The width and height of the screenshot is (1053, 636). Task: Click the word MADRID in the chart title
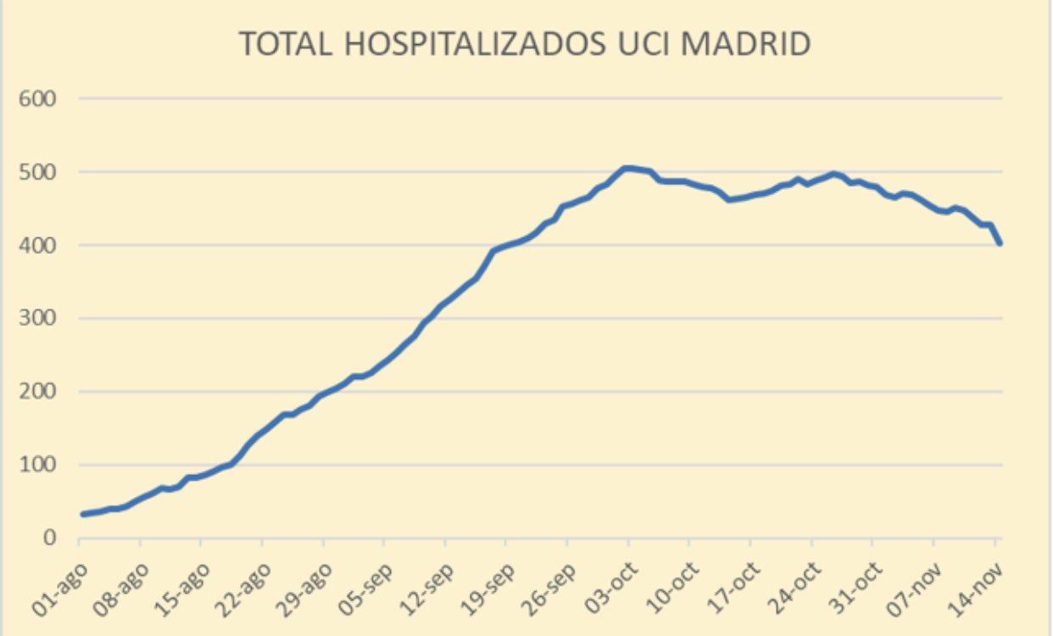tap(745, 44)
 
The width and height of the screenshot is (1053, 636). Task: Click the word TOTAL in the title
tap(286, 44)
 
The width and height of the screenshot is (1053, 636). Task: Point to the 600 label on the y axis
tap(37, 99)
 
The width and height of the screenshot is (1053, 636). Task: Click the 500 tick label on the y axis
tap(37, 172)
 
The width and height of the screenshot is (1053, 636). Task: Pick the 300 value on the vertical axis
tap(37, 319)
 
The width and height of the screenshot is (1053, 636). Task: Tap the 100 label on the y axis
tap(37, 466)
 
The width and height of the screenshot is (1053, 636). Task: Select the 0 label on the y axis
tap(50, 538)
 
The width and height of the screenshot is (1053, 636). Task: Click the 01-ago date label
tap(59, 589)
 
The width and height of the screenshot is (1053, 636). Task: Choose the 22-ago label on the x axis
tap(242, 589)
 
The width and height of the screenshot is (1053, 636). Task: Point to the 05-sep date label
tap(365, 589)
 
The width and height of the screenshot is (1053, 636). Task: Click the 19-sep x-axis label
tap(487, 589)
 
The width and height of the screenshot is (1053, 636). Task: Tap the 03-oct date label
tap(610, 589)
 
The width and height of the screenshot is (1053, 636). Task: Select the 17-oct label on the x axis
tap(733, 589)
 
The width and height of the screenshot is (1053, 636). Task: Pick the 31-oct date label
tap(855, 589)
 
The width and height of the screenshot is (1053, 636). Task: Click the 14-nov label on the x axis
tap(976, 589)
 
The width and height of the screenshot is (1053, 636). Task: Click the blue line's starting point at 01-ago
tap(83, 514)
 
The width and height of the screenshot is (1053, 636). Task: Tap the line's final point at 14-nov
tap(1000, 243)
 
